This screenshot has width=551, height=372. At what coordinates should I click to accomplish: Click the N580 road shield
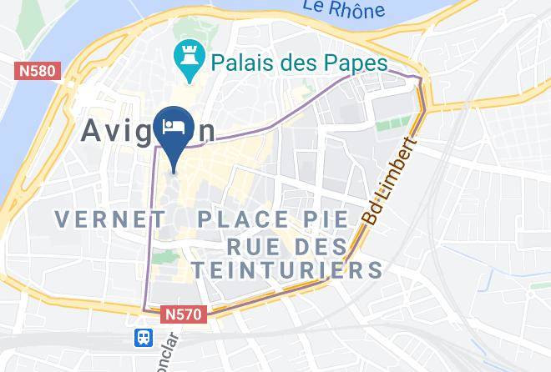click(38, 71)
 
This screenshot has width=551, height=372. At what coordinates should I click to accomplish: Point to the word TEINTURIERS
click(284, 269)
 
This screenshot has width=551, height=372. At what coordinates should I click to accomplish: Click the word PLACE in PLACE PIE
click(241, 219)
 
